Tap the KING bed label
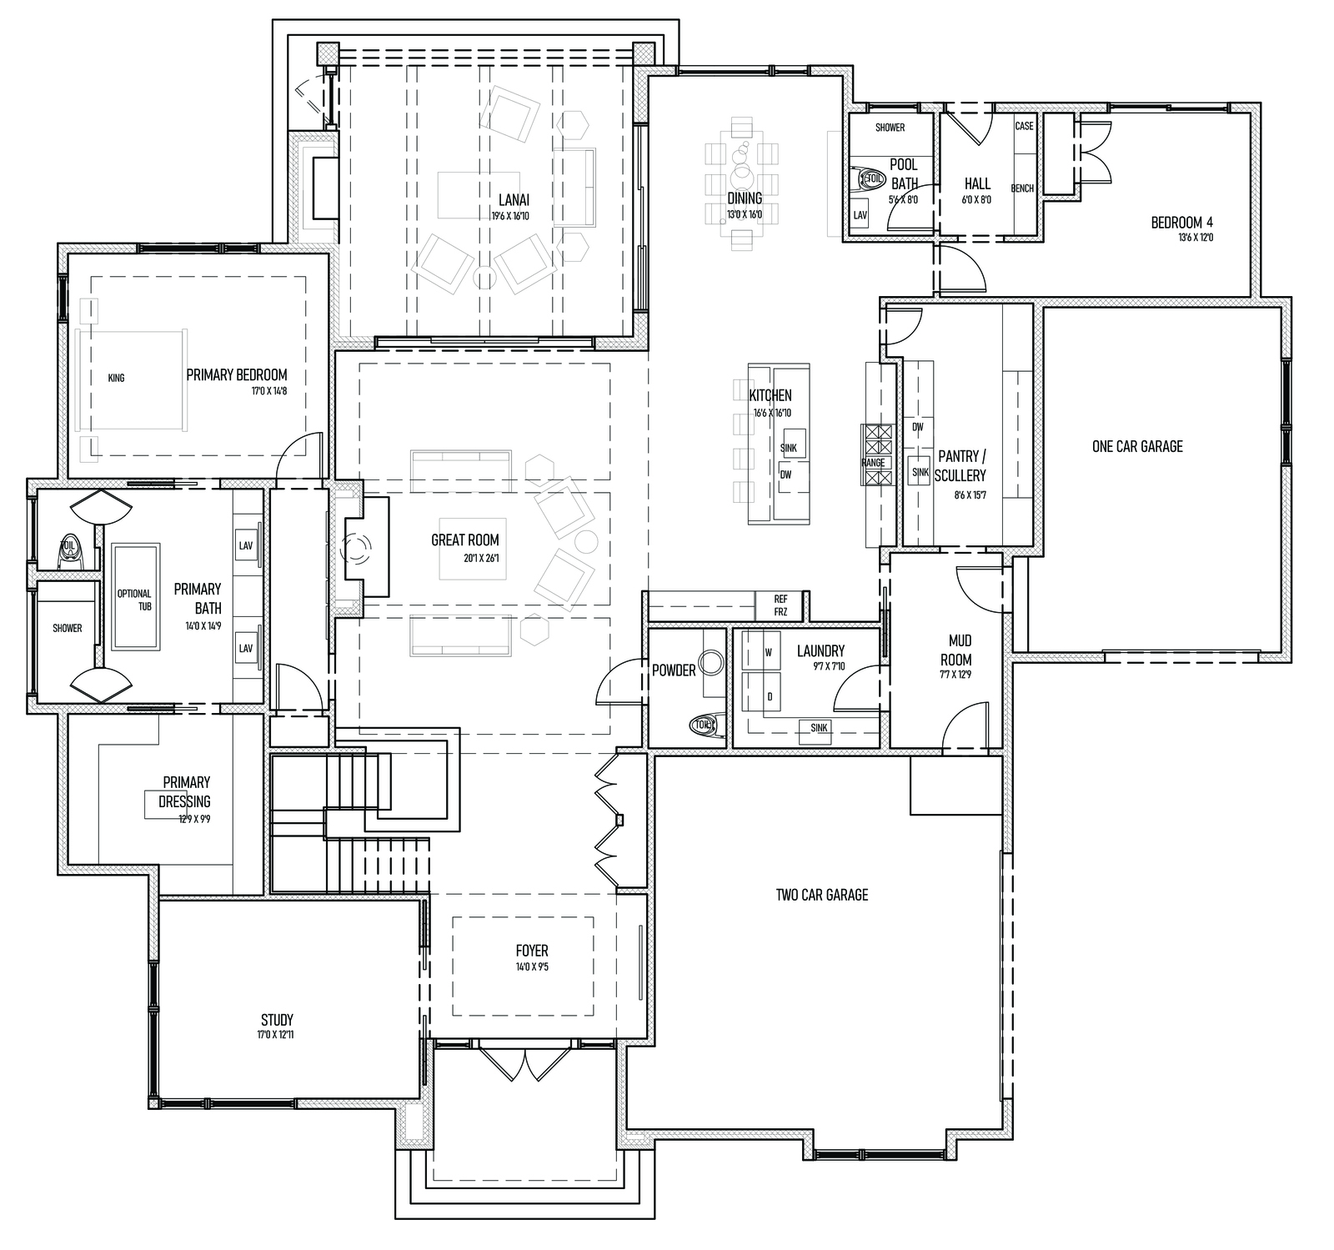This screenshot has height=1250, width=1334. point(116,378)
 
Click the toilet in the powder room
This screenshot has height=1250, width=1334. point(705,725)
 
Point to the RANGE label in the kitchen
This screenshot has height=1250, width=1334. point(873,463)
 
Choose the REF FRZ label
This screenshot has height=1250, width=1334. point(780,605)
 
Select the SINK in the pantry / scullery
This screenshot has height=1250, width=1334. point(920,472)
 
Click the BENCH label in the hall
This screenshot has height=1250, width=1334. point(1022,188)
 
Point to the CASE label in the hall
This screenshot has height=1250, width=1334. point(1024,126)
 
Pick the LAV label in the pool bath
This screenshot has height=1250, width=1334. point(860,215)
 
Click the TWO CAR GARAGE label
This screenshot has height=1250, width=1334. point(822,895)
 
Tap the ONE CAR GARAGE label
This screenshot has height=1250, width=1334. point(1137,446)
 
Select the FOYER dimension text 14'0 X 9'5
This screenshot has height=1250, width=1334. point(531,968)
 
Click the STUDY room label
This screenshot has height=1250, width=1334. point(277,1020)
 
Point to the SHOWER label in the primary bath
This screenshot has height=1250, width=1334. point(68,628)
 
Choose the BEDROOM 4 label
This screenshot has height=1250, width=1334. point(1182,223)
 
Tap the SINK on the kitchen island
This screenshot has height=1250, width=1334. point(789,448)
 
